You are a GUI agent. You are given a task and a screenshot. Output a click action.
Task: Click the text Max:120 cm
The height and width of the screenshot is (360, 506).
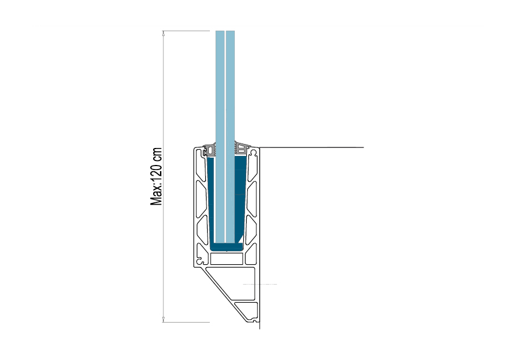pyautogui.click(x=156, y=176)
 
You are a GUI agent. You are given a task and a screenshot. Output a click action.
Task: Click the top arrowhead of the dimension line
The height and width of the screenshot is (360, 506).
pyautogui.click(x=163, y=33)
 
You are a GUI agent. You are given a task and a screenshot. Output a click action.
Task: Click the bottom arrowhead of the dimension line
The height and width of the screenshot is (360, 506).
pyautogui.click(x=163, y=320)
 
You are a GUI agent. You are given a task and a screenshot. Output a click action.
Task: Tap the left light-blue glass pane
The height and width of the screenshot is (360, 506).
pyautogui.click(x=220, y=137)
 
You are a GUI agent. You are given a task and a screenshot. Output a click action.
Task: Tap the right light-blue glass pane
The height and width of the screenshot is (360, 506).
pyautogui.click(x=230, y=137)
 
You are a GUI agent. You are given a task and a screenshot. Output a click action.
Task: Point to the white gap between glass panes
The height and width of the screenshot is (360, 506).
pyautogui.click(x=225, y=137)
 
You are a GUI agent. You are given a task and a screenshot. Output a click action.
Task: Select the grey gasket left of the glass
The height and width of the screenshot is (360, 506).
pyautogui.click(x=210, y=149)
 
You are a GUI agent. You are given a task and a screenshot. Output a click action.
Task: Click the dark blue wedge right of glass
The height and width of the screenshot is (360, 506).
pyautogui.click(x=240, y=198)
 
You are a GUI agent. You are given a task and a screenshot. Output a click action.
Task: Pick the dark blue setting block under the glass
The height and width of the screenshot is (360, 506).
pyautogui.click(x=226, y=247)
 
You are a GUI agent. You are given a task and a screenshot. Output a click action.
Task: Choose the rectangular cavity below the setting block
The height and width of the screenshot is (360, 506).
pyautogui.click(x=226, y=259)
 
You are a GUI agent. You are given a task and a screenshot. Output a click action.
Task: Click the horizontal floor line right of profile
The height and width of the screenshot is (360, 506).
pyautogui.click(x=311, y=147)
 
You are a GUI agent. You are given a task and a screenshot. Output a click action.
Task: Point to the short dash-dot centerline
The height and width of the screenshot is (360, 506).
pyautogui.click(x=260, y=284)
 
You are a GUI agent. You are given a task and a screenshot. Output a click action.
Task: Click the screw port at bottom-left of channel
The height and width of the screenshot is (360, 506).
pyautogui.click(x=201, y=259)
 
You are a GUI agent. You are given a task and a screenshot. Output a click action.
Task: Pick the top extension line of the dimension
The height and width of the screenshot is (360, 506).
pyautogui.click(x=186, y=31)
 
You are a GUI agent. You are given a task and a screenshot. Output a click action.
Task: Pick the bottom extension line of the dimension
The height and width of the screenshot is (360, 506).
pyautogui.click(x=186, y=322)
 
